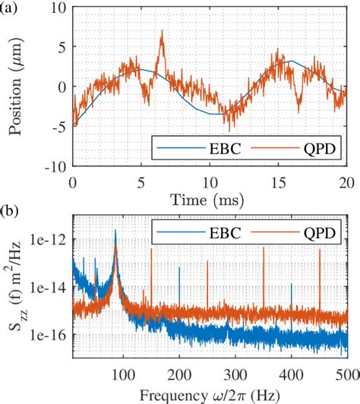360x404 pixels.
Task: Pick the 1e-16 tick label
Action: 49,335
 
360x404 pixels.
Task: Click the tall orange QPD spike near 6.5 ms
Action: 161,34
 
